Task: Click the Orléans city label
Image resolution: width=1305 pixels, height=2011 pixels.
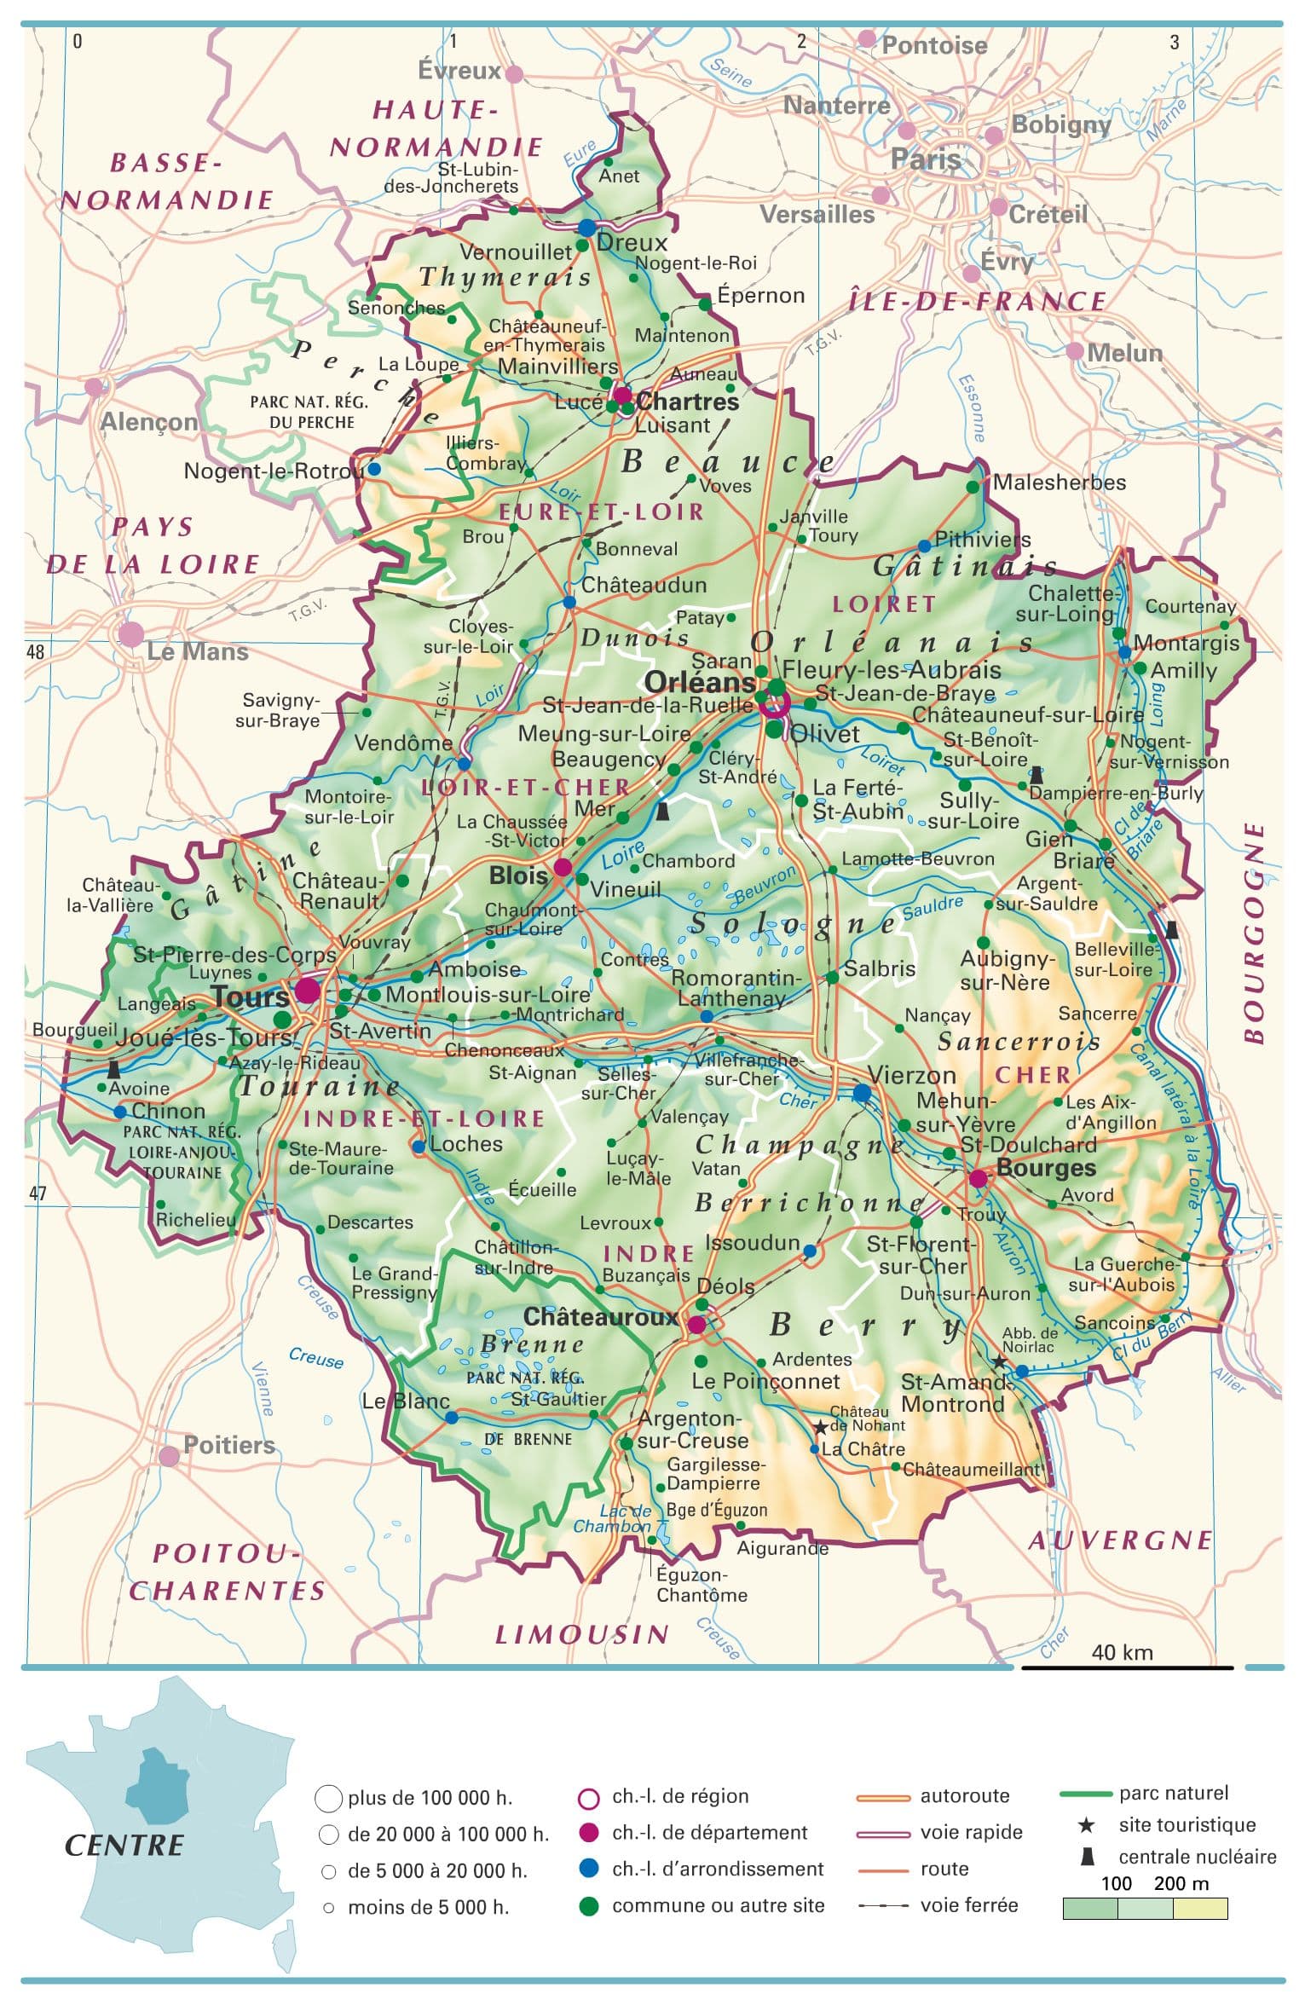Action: pos(700,682)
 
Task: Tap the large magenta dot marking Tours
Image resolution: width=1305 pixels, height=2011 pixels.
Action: pos(308,991)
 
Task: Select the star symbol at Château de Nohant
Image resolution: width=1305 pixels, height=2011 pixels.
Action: pos(820,1426)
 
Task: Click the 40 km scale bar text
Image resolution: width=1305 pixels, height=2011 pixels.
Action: pos(1122,1652)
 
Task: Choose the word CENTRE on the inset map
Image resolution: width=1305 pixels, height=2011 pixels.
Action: pos(124,1846)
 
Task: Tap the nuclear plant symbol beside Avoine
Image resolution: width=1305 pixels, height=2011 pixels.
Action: pos(113,1069)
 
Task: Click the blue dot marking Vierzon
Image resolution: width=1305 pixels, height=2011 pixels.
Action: pos(862,1093)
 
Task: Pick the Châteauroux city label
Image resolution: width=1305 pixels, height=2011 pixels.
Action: pos(600,1316)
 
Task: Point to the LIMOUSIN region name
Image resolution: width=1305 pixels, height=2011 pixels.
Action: pos(582,1634)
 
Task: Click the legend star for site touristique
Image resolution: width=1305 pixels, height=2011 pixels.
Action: pos(1086,1825)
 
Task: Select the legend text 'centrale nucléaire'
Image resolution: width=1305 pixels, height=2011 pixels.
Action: pos(1197,1857)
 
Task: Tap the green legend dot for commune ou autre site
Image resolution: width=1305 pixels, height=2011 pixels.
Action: pos(588,1906)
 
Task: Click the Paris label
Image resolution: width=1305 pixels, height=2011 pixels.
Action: pos(926,159)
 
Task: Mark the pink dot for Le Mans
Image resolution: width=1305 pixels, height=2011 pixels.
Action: pos(131,634)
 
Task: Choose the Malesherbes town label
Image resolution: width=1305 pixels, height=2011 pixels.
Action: pos(1059,483)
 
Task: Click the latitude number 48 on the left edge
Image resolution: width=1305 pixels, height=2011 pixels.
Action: pos(35,652)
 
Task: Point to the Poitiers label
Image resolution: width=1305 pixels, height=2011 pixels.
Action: pos(229,1444)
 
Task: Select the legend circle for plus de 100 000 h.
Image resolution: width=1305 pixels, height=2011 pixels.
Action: pos(328,1799)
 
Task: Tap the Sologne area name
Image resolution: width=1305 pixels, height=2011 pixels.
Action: pos(793,923)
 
